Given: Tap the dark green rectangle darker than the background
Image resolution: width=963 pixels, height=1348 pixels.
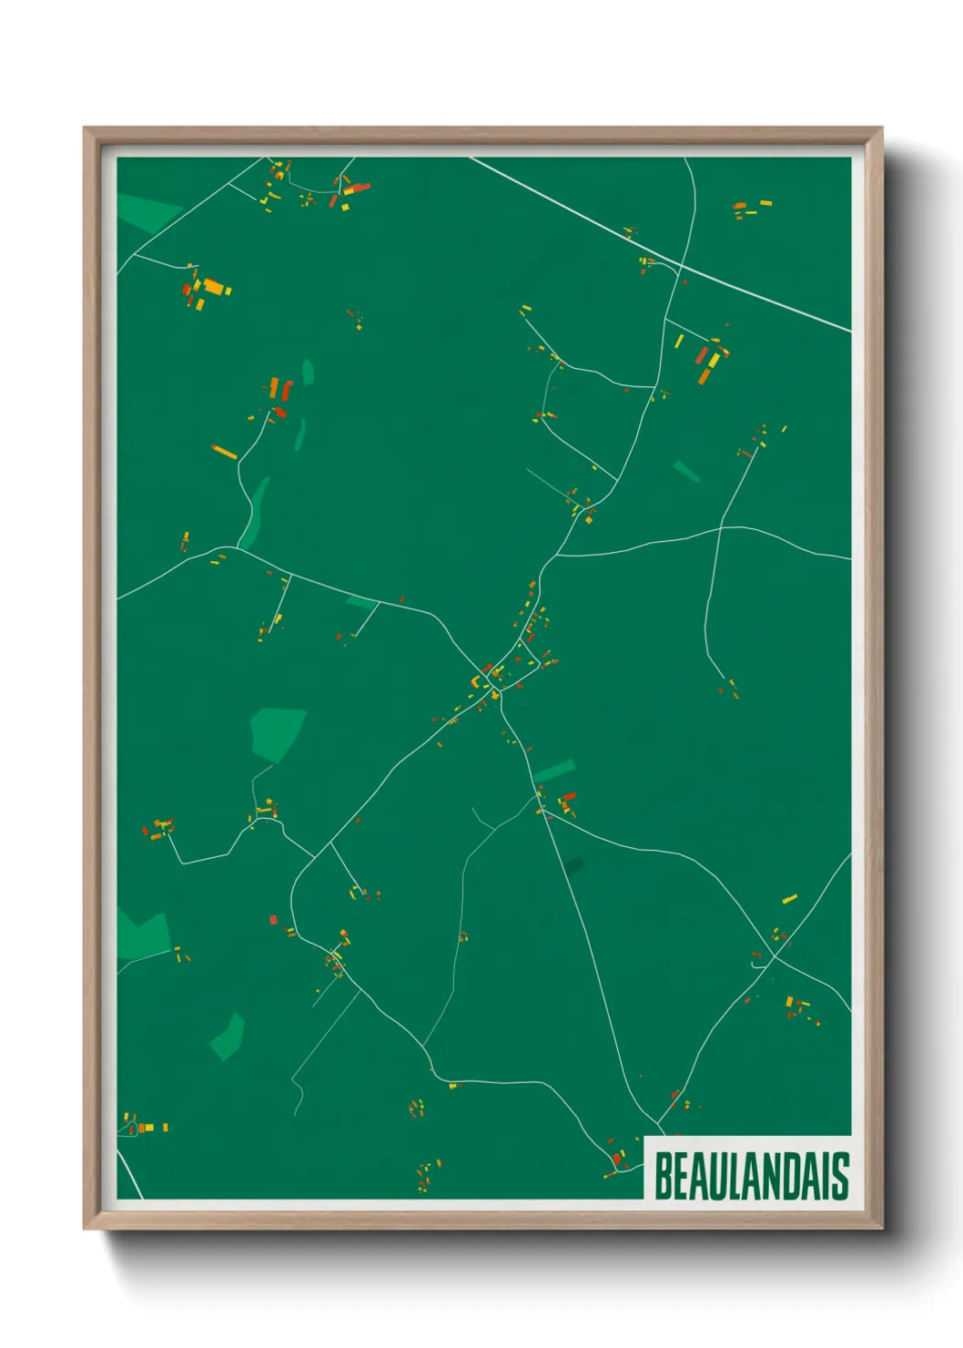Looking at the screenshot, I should (x=573, y=865).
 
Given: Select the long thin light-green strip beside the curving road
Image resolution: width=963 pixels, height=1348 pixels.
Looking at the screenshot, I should (x=255, y=512).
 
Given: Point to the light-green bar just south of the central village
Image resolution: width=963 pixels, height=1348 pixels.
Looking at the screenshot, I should (x=554, y=771).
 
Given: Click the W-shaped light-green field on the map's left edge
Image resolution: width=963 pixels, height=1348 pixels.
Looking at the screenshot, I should (x=143, y=935).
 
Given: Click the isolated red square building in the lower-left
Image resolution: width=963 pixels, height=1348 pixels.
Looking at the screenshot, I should (x=273, y=920).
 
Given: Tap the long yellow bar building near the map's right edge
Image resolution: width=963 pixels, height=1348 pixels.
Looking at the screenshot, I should (x=790, y=899).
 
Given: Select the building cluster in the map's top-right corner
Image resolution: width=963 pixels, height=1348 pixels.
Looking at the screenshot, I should (x=751, y=209).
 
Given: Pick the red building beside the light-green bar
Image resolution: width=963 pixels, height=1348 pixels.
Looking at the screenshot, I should (x=569, y=796).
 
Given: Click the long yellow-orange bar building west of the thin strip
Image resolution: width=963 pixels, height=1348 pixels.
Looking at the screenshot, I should (x=224, y=452).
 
